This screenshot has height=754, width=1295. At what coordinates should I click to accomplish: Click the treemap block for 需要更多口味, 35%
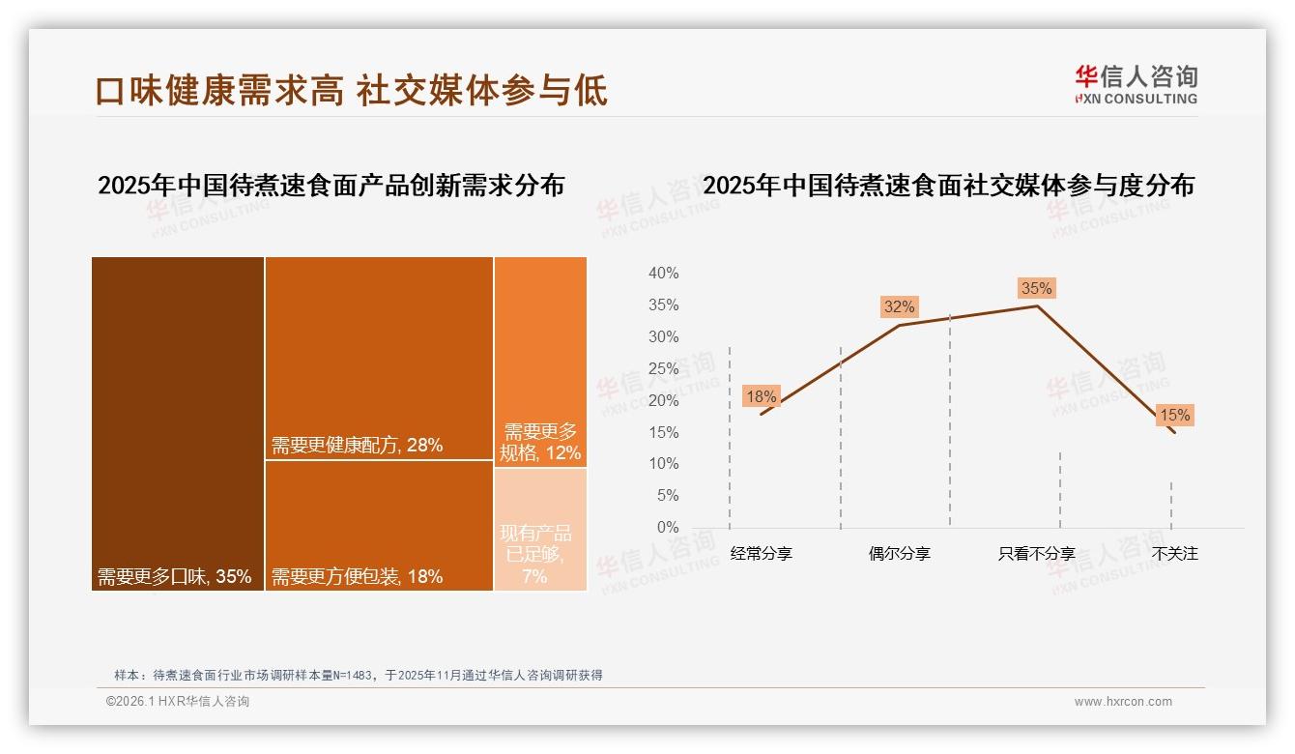(x=178, y=423)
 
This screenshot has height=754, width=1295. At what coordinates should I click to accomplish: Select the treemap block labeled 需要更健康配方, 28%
(x=379, y=358)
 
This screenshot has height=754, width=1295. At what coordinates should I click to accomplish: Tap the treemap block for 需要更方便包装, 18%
(x=379, y=525)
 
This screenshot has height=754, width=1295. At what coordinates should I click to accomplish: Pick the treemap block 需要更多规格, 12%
(x=540, y=362)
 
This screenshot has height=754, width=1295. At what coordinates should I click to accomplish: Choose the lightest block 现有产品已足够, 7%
(x=540, y=529)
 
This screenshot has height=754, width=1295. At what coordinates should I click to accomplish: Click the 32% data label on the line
(x=899, y=306)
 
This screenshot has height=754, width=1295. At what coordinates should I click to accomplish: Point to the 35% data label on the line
(x=1036, y=288)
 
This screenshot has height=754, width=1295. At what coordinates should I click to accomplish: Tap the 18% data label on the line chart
(x=761, y=396)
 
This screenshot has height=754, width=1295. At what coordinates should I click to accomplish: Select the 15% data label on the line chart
(x=1174, y=416)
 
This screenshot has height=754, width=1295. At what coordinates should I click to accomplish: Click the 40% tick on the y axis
(x=663, y=274)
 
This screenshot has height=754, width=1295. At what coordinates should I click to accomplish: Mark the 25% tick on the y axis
(x=663, y=368)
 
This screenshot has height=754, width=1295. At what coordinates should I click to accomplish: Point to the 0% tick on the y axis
(x=667, y=527)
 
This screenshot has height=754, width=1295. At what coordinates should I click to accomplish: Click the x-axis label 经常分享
(x=761, y=554)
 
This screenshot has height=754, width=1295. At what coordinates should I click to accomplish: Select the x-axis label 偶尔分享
(x=899, y=554)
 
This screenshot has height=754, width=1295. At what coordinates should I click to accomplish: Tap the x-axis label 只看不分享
(x=1036, y=554)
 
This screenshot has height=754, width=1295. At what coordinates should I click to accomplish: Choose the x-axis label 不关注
(x=1174, y=554)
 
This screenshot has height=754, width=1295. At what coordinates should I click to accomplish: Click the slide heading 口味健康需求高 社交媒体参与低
(x=352, y=90)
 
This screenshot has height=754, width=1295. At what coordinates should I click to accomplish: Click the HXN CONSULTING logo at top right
(x=1136, y=84)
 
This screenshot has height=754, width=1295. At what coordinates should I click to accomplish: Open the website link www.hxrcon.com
(x=1123, y=702)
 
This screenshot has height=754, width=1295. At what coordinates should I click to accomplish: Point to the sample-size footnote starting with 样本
(x=359, y=675)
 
